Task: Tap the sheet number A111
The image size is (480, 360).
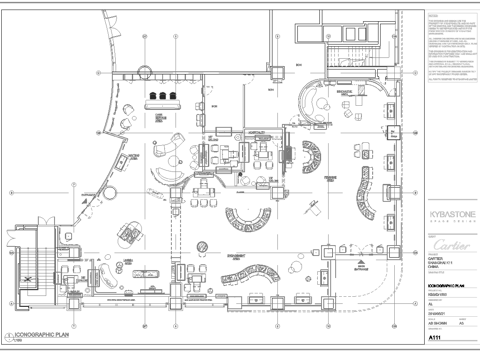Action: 436,338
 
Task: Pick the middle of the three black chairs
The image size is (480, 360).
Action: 160,97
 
